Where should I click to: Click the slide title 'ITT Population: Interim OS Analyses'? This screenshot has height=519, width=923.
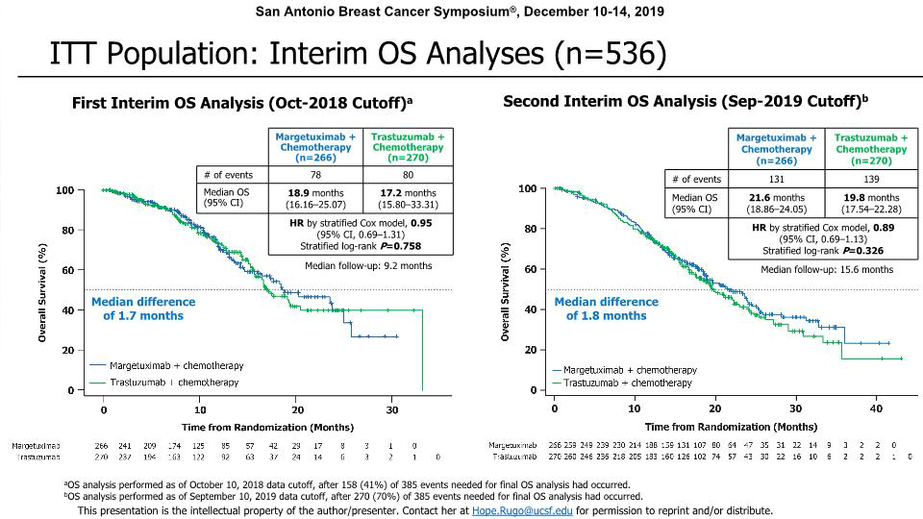(358, 53)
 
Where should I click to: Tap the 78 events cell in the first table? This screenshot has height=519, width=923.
(317, 174)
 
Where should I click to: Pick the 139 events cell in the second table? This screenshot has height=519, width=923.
(870, 179)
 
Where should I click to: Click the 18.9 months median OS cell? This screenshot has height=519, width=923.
(317, 197)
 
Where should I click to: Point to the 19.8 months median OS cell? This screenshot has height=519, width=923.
(870, 202)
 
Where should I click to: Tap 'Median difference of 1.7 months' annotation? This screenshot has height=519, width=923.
(142, 309)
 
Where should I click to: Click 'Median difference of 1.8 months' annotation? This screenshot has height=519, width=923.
(606, 309)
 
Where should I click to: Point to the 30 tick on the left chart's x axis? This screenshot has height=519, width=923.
(392, 409)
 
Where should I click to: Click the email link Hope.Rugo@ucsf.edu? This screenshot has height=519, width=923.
(515, 511)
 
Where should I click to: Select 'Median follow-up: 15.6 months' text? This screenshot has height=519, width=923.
(827, 270)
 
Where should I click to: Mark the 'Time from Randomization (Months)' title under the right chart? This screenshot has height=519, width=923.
(718, 427)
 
